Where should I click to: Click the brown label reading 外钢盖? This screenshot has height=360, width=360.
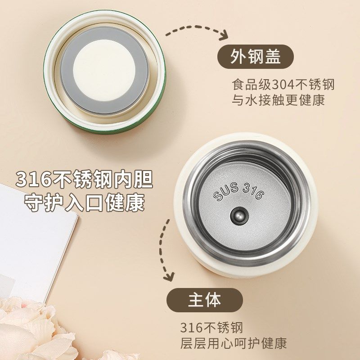pyautogui.click(x=255, y=57)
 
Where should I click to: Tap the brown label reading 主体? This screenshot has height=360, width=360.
pyautogui.click(x=204, y=299)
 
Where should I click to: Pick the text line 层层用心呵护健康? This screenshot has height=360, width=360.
pyautogui.click(x=234, y=344)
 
